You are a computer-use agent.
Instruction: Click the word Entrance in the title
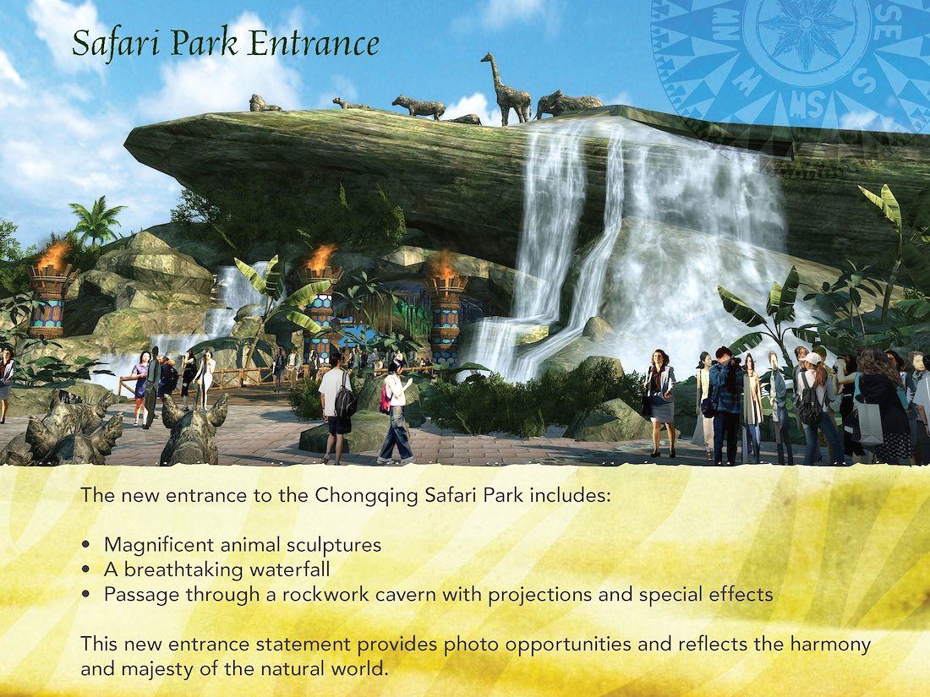(x=315, y=44)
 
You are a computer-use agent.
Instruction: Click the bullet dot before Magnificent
(x=86, y=545)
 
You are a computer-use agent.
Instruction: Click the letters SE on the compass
(x=887, y=25)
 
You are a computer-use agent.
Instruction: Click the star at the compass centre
(x=806, y=24)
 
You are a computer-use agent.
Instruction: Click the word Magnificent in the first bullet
(x=158, y=545)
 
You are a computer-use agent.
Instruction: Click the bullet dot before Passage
(x=86, y=594)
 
